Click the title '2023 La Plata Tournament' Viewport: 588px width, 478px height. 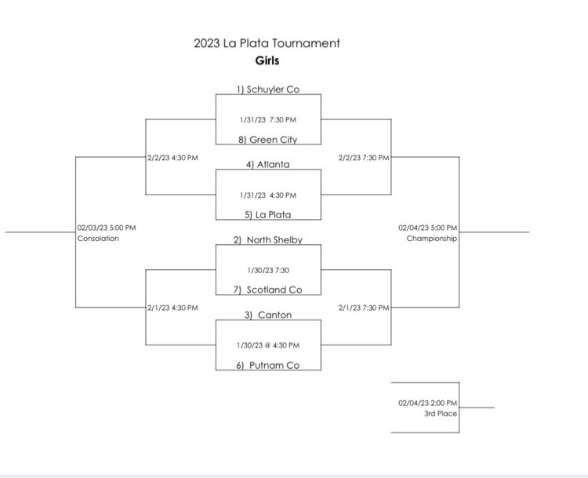(267, 43)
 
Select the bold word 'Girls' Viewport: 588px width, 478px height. (267, 60)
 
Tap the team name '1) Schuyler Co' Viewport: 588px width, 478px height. (268, 89)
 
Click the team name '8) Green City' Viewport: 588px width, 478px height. (268, 140)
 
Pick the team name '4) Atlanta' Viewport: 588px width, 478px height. (268, 165)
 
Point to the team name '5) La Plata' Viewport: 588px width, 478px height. (268, 215)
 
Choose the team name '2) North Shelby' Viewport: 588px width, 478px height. (268, 240)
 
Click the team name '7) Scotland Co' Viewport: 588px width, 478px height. (268, 290)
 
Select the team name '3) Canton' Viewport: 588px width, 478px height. (268, 315)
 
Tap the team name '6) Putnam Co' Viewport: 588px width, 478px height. (268, 365)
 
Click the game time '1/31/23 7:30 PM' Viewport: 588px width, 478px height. (268, 120)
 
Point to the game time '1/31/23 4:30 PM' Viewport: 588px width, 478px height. (268, 195)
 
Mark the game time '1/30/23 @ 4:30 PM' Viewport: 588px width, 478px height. (268, 345)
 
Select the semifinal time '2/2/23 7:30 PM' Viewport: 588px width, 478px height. (364, 158)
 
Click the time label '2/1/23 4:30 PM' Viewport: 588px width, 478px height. (172, 308)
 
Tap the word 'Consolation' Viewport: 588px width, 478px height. (98, 239)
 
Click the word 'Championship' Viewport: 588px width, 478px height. (432, 239)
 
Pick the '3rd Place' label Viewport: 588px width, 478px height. (441, 414)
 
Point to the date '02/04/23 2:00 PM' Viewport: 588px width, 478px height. (428, 403)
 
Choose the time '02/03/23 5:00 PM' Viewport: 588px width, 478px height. (107, 228)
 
